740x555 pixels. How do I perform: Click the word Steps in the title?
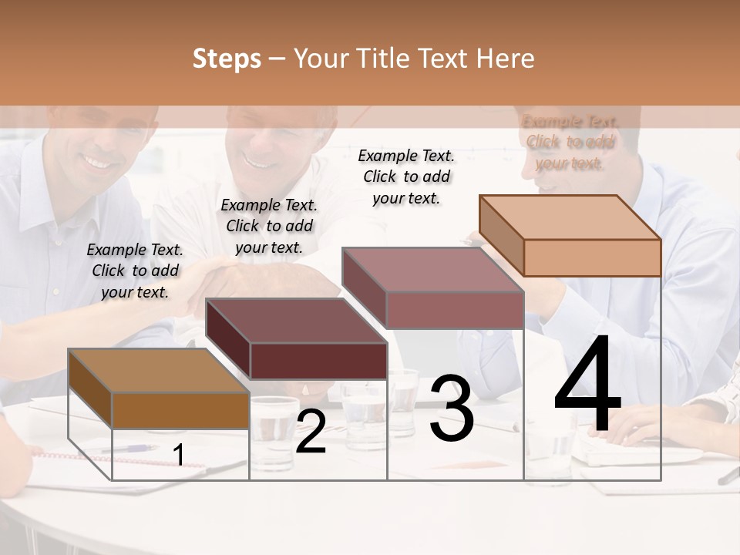click(227, 59)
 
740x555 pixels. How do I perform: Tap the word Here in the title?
click(505, 59)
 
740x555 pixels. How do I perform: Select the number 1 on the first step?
click(179, 456)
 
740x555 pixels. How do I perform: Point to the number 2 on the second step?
click(311, 432)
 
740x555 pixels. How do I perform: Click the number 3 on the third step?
click(452, 408)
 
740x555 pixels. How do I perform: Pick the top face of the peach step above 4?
click(570, 217)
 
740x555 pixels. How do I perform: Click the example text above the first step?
click(135, 271)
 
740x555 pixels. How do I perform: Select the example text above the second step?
click(269, 226)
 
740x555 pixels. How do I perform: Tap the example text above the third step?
click(406, 177)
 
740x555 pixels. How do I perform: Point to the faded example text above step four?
click(570, 143)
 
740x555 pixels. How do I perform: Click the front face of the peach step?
click(592, 257)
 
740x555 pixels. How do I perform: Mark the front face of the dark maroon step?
click(318, 361)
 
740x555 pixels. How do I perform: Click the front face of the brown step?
click(181, 410)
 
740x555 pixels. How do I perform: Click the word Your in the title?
click(321, 59)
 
